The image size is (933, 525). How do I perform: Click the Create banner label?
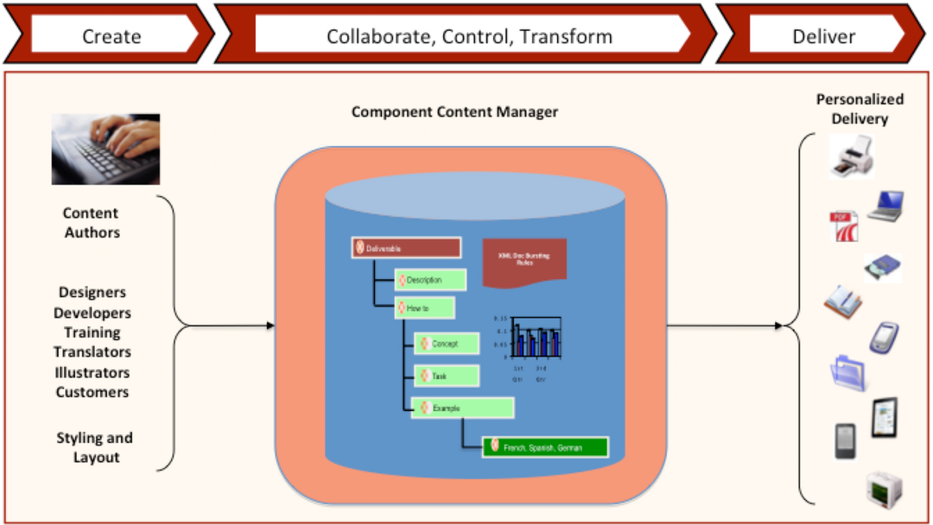point(111,36)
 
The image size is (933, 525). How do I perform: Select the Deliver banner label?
point(823,36)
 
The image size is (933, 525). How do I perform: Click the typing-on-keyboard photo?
point(105,149)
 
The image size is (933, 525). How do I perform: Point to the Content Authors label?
point(92,223)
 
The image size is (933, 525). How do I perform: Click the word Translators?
point(92,352)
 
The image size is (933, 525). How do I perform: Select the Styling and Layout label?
point(95,447)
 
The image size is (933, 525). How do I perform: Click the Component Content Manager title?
point(454,112)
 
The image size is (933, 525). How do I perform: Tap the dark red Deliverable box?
point(406,248)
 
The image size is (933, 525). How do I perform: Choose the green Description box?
point(430,280)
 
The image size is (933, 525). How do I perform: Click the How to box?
point(424,308)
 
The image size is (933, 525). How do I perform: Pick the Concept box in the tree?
point(446,344)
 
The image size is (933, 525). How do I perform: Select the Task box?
point(447,376)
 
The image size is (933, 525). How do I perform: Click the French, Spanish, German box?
point(545,447)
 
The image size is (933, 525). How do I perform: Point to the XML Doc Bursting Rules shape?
point(524,260)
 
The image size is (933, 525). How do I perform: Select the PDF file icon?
point(841,227)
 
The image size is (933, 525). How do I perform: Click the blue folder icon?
point(848,372)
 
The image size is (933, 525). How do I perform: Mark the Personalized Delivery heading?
point(860,109)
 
